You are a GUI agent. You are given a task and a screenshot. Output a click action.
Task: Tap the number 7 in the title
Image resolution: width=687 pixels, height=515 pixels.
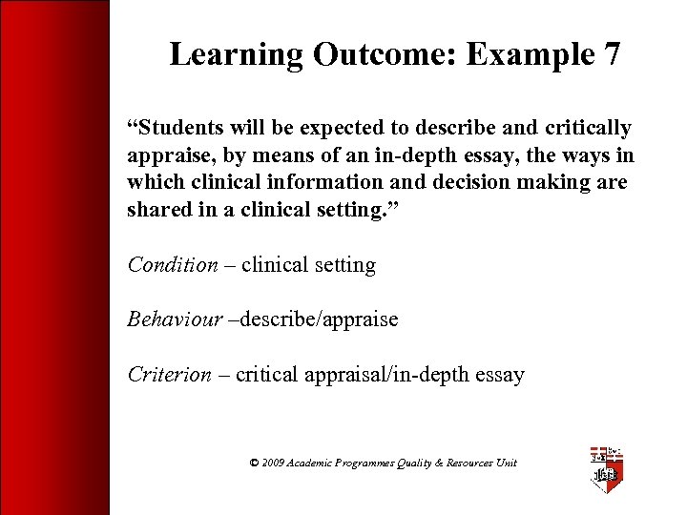pyautogui.click(x=611, y=55)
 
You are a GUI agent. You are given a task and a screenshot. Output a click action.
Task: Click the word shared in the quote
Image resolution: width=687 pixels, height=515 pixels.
pyautogui.click(x=157, y=210)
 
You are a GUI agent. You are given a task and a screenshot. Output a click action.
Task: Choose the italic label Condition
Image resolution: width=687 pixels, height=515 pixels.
pyautogui.click(x=173, y=265)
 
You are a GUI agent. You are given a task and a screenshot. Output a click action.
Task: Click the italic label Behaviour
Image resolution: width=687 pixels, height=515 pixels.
pyautogui.click(x=175, y=319)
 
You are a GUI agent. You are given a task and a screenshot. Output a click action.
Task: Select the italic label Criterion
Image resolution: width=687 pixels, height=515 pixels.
pyautogui.click(x=170, y=375)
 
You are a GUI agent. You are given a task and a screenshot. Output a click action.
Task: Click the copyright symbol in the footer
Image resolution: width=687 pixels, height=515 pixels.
pyautogui.click(x=254, y=463)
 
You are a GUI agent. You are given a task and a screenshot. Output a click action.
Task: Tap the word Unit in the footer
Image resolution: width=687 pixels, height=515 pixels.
pyautogui.click(x=506, y=463)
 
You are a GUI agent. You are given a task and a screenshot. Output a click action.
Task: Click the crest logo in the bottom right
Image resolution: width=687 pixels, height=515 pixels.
pyautogui.click(x=606, y=467)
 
